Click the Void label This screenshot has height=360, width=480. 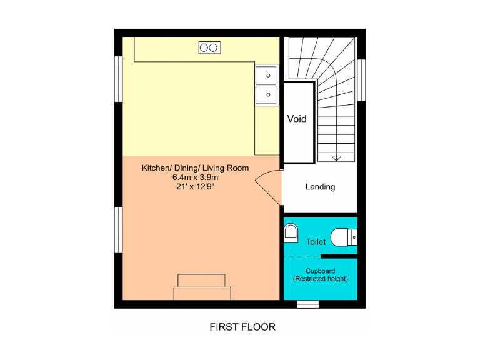tap(297, 118)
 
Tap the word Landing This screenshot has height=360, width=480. tap(320, 187)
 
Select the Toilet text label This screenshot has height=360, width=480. tap(316, 241)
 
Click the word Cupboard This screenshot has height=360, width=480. tap(320, 271)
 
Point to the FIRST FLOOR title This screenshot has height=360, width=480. tap(242, 327)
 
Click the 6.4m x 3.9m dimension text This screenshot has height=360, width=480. tap(195, 177)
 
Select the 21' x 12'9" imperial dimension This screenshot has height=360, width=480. tap(195, 186)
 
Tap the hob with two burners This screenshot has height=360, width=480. tap(209, 47)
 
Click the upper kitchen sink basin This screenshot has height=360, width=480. tap(267, 75)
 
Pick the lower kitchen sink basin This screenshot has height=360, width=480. tap(267, 95)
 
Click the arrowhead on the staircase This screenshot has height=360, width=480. tap(337, 158)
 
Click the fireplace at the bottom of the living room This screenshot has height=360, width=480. tap(202, 287)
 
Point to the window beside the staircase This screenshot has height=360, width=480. tap(361, 79)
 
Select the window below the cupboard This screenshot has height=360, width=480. tap(307, 304)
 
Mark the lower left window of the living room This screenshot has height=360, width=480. tap(117, 231)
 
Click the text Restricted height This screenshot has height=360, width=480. tap(320, 279)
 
